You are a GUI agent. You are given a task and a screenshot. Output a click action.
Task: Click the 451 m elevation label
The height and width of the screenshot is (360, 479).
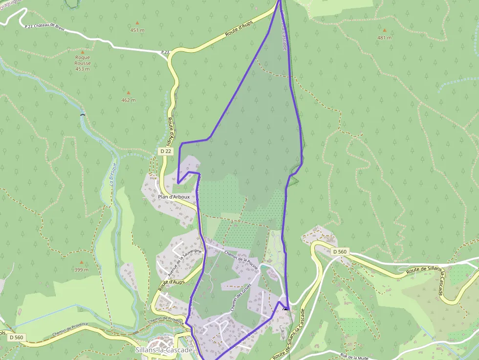pyautogui.click(x=137, y=30)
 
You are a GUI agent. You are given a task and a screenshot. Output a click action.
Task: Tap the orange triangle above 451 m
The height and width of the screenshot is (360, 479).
pyautogui.click(x=137, y=22)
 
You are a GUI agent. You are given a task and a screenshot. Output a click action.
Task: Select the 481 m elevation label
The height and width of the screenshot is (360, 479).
pyautogui.click(x=384, y=38)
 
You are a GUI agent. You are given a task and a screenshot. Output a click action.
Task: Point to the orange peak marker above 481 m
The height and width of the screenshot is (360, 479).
pyautogui.click(x=384, y=30)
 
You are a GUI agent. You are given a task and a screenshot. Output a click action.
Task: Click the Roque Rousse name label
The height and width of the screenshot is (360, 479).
pyautogui.click(x=83, y=60)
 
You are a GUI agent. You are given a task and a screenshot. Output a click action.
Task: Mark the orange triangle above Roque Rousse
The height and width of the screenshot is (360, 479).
pyautogui.click(x=83, y=52)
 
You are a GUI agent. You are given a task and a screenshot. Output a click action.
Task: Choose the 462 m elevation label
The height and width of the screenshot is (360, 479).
pyautogui.click(x=129, y=100)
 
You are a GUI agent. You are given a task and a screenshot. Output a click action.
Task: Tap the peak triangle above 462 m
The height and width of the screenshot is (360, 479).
pyautogui.click(x=129, y=92)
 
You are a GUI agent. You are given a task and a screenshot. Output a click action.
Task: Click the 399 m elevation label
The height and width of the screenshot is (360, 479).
pyautogui.click(x=82, y=270)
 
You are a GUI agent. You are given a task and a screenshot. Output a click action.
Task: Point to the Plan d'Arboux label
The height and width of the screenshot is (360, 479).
pyautogui.click(x=174, y=197)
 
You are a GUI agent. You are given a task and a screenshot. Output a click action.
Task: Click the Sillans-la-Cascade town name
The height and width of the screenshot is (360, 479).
pyautogui.click(x=164, y=350)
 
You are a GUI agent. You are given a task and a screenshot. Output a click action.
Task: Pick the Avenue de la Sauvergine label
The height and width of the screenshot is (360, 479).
pyautogui.click(x=178, y=263)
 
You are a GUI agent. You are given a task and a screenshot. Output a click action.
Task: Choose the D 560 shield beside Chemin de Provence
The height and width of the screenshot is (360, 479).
pyautogui.click(x=16, y=337)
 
